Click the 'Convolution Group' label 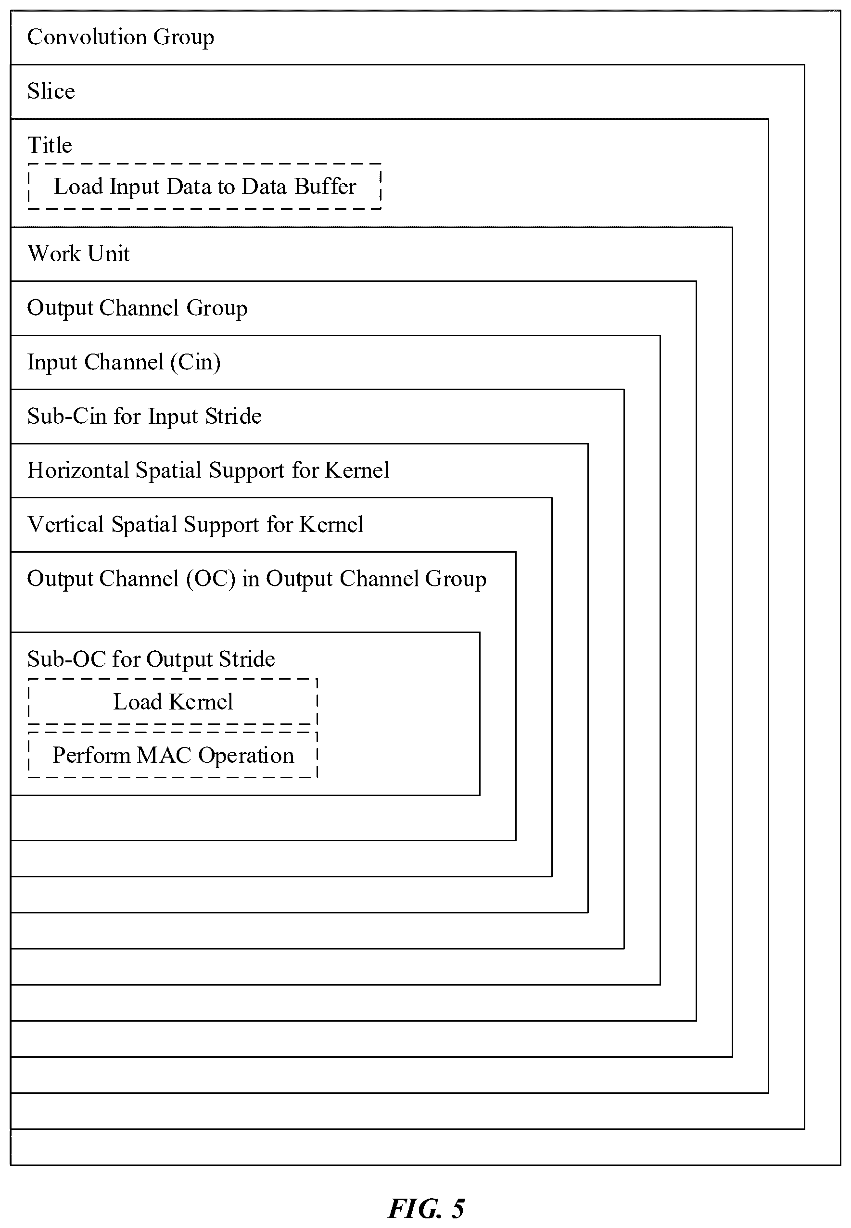coord(120,38)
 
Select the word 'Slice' coord(51,91)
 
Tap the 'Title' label coord(50,145)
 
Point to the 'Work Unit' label coord(78,253)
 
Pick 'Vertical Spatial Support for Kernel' coord(195,525)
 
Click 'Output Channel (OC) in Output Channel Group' coord(256,579)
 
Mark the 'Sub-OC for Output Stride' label coord(151,660)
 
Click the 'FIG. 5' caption coord(426,1208)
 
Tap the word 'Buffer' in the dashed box coord(325,187)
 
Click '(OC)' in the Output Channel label coord(211,579)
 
